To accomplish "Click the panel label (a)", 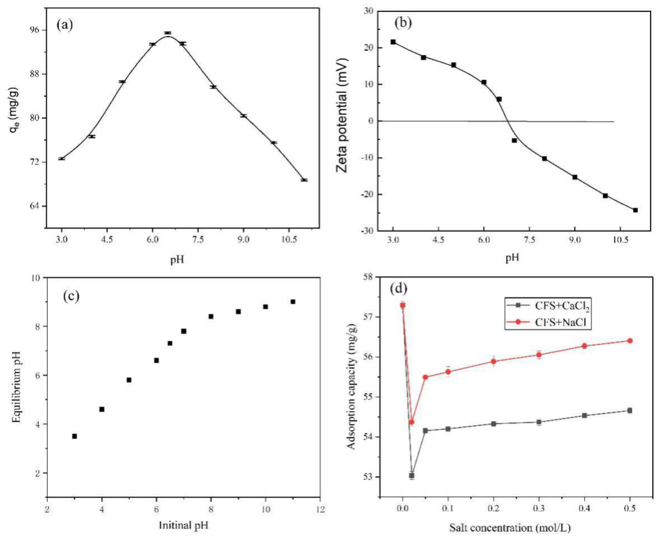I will coord(64,25).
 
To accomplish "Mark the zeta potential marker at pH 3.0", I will coord(393,42).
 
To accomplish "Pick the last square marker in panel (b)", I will coord(635,210).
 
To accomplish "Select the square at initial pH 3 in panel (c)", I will coord(75,436).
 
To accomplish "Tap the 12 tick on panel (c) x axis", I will coord(320,510).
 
